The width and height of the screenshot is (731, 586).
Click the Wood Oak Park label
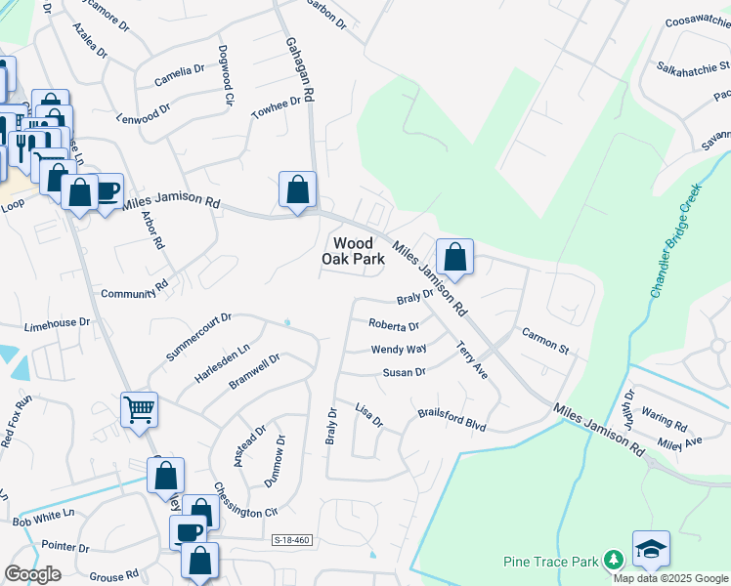point(353,251)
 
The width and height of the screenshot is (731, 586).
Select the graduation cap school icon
point(650,549)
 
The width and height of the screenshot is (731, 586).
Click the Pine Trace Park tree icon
point(613,560)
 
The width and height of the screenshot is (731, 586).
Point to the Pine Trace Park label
point(550,561)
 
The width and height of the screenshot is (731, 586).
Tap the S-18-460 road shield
point(292,539)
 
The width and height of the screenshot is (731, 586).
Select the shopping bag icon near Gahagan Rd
point(297,188)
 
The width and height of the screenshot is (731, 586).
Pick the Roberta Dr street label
point(393,325)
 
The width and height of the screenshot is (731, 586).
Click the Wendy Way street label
point(399,349)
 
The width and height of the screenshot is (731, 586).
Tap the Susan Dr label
point(404,372)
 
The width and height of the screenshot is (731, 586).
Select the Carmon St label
point(545,339)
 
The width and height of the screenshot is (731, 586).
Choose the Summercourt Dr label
point(197,337)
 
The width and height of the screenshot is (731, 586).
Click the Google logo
point(32,574)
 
